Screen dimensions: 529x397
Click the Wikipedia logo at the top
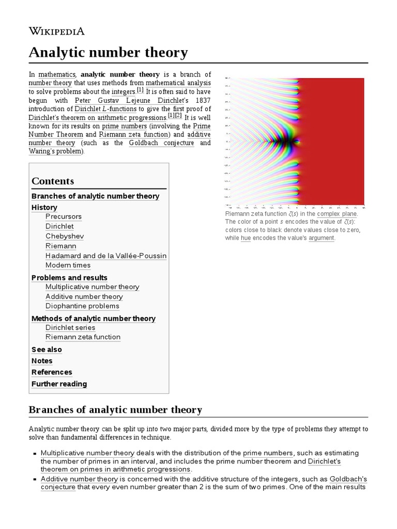[x=57, y=31]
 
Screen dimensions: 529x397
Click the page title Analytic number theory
[x=108, y=52]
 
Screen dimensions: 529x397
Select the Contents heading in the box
[x=53, y=181]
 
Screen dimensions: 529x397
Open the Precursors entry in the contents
[x=64, y=216]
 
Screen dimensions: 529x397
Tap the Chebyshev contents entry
[x=65, y=236]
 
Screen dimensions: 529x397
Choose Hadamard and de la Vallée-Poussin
[x=106, y=256]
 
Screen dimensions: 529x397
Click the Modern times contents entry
[x=68, y=265]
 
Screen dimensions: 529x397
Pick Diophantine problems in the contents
[x=82, y=306]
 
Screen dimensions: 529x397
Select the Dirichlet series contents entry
[x=70, y=328]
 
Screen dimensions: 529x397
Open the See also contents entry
[x=47, y=349]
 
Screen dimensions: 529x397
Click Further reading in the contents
[x=59, y=384]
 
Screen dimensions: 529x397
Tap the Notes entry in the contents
[x=42, y=361]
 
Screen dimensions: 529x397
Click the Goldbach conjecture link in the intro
[x=162, y=143]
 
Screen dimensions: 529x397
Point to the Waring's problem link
[x=55, y=151]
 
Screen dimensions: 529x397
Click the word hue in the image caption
[x=246, y=238]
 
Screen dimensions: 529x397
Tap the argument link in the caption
[x=321, y=238]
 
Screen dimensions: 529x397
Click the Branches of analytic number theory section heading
[x=115, y=410]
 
